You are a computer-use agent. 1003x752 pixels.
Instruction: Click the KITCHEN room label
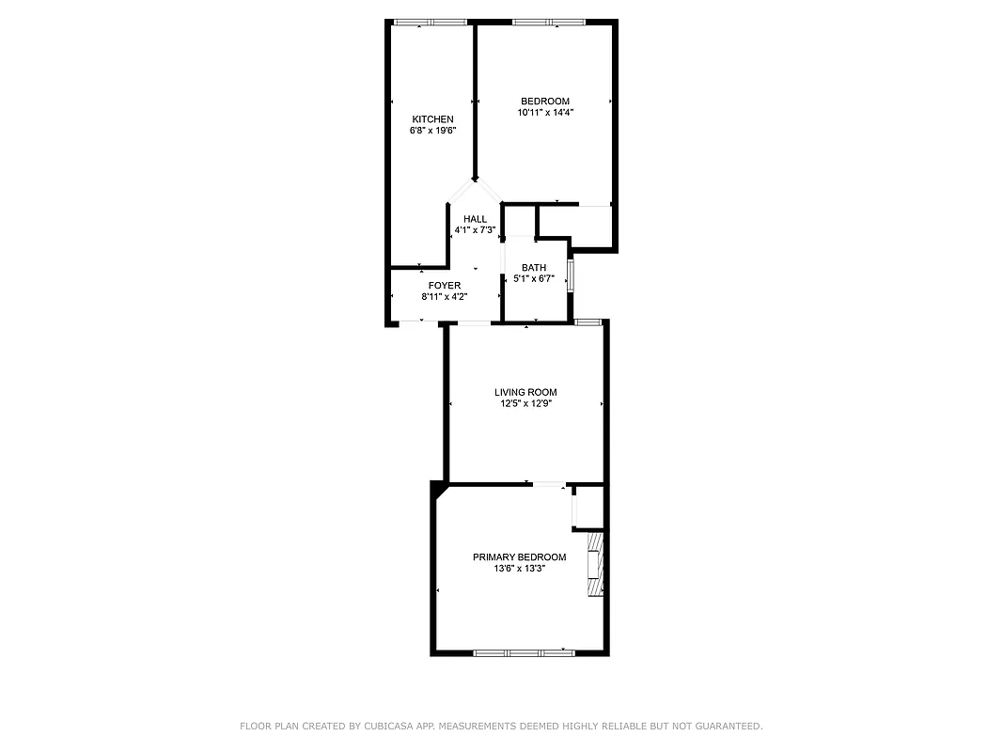pos(432,119)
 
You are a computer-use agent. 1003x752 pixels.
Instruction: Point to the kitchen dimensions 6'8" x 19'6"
pos(432,131)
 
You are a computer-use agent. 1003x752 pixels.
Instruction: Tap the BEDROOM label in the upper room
pos(545,102)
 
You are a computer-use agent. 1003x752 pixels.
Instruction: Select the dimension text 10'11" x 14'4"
pos(545,113)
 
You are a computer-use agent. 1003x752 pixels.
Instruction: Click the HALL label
pos(475,219)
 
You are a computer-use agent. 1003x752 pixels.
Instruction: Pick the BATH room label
pos(534,268)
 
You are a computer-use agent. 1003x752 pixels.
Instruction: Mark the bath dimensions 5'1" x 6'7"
pos(534,279)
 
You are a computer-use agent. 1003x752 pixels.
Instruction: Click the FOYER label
pos(445,286)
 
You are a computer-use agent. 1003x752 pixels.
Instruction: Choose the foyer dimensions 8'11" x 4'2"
pos(445,297)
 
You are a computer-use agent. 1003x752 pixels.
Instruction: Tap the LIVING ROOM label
pos(525,393)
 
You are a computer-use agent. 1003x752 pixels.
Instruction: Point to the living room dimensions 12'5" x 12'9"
pos(525,404)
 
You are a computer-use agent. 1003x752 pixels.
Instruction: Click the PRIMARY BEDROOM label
pos(519,557)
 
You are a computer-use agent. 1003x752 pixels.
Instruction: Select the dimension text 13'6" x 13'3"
pos(519,569)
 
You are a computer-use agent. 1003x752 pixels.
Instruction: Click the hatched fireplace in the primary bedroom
pos(594,564)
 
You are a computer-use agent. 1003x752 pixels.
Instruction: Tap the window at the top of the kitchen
pos(431,23)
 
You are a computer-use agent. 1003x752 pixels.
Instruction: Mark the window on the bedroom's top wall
pos(548,23)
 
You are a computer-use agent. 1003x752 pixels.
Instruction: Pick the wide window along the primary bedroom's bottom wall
pos(524,652)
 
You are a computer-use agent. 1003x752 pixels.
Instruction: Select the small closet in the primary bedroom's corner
pos(588,509)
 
